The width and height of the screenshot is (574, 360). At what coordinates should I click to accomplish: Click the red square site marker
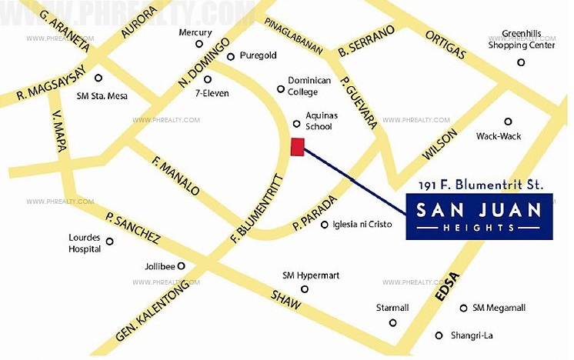tap(298, 147)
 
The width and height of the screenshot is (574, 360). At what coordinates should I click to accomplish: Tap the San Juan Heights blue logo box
tap(479, 217)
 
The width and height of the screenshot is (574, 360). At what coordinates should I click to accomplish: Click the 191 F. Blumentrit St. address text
tap(481, 185)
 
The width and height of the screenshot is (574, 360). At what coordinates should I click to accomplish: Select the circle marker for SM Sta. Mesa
tap(98, 78)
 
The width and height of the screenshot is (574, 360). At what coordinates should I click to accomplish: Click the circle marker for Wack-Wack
tap(508, 122)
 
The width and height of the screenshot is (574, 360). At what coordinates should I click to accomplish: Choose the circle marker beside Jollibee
tap(182, 266)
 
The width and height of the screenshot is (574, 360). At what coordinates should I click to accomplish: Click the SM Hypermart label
tap(311, 275)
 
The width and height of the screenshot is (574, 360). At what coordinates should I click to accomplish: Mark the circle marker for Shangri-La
tap(439, 335)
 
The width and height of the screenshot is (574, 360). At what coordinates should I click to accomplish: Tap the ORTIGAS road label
tap(446, 43)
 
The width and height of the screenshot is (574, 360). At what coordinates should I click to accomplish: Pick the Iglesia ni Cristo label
tap(362, 225)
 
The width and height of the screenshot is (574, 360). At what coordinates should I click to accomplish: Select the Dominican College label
tap(309, 85)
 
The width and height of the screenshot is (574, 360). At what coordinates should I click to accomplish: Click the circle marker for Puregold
tap(230, 56)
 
